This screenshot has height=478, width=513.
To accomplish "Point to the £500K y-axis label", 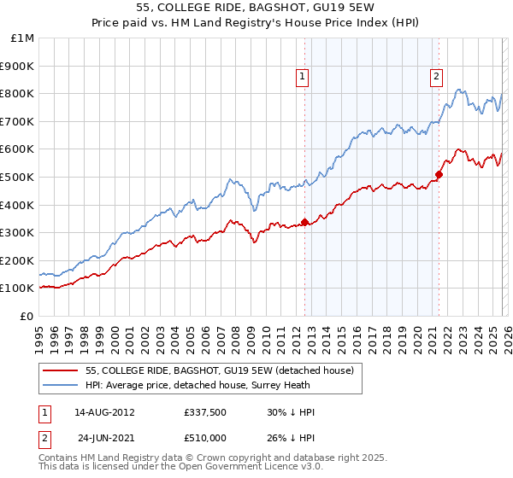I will (19, 178).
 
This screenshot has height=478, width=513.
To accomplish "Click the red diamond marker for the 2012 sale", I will (304, 222).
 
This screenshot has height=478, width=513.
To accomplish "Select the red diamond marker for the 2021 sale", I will (439, 174).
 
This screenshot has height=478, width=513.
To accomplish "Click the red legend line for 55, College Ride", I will (61, 370).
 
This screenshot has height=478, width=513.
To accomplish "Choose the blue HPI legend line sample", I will (61, 385).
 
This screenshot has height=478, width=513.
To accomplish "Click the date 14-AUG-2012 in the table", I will (104, 412).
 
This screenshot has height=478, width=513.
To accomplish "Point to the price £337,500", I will (205, 412).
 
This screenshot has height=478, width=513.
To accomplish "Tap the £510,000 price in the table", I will (205, 438).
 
